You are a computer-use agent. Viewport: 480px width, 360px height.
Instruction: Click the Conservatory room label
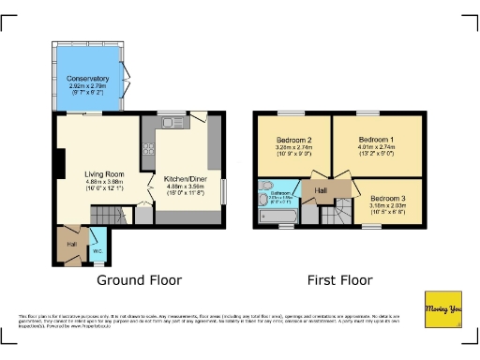click(x=88, y=78)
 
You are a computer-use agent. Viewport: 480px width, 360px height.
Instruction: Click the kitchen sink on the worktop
click(x=170, y=122)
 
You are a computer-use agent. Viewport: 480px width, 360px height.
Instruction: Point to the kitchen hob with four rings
click(x=146, y=148)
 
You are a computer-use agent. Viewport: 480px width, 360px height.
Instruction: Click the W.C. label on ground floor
click(x=97, y=250)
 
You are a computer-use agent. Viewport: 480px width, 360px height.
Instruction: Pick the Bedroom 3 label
click(x=385, y=199)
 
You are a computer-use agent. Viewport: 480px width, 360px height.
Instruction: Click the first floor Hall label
click(x=322, y=190)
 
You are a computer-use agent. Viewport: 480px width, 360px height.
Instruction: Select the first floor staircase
click(x=336, y=217)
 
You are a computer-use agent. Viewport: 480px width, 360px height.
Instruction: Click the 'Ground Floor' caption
click(x=140, y=279)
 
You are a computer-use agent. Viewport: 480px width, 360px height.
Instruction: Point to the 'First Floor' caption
click(x=339, y=279)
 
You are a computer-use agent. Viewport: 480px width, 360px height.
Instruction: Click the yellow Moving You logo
click(x=443, y=308)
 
